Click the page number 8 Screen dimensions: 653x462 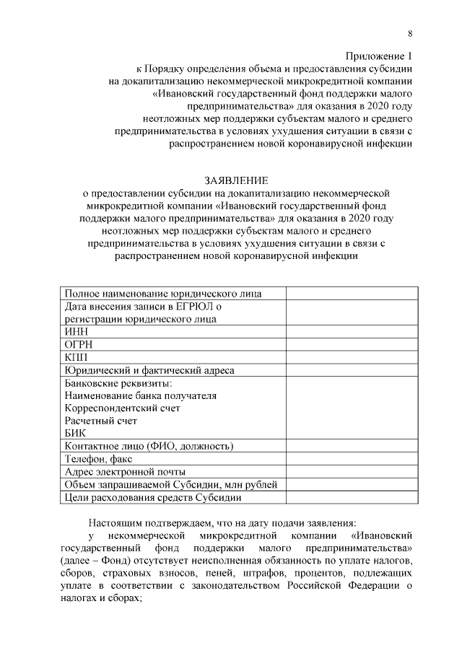coord(410,33)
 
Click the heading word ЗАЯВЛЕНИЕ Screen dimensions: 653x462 coord(236,180)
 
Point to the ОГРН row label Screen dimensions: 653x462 coord(79,344)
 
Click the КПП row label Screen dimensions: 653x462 coord(77,357)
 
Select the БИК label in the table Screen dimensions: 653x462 coord(75,433)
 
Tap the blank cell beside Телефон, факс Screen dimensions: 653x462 coord(352,458)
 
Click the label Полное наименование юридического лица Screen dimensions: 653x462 coord(163,293)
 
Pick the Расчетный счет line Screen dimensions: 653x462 coord(100,421)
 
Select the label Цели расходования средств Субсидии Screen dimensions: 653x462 coord(152,497)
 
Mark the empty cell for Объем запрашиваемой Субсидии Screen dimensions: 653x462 coord(352,484)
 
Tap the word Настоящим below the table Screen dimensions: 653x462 coord(120,522)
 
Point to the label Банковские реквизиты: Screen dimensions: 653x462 coord(118,382)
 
